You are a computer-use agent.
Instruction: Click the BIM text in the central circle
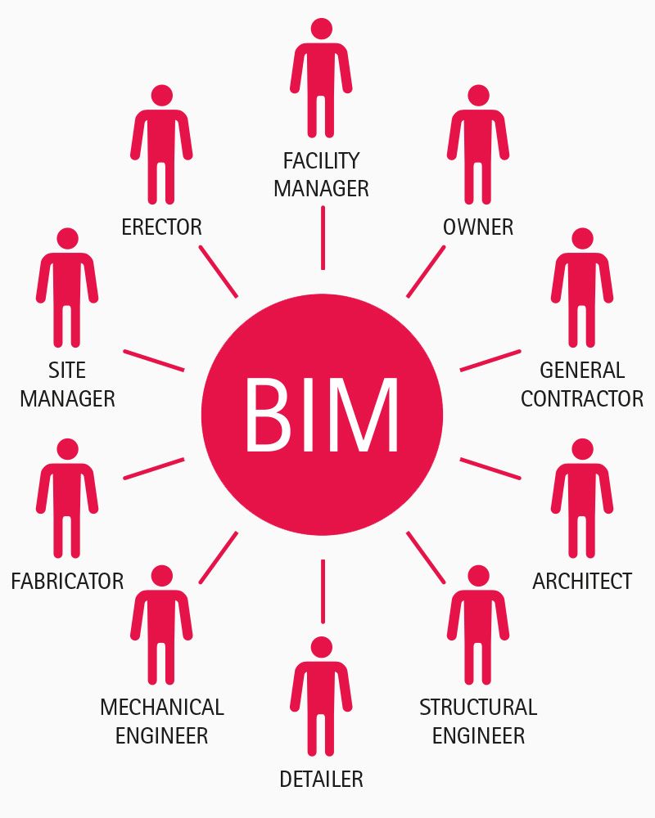point(322,416)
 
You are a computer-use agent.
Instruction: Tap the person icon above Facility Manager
point(322,82)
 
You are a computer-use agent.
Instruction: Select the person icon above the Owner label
point(478,147)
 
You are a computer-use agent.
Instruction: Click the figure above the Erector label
point(161,147)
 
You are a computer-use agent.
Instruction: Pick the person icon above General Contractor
point(582,290)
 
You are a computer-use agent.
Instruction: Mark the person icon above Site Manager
point(67,290)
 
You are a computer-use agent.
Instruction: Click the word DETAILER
point(321,780)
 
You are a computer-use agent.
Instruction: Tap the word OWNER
point(478,227)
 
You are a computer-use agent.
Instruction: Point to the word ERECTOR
point(161,227)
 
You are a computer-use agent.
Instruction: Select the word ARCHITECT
point(582,582)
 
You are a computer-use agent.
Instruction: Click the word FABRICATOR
point(67,582)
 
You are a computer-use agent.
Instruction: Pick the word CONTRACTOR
point(582,399)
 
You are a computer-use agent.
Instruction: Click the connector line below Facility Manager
point(323,237)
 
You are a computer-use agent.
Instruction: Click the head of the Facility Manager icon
point(322,29)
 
